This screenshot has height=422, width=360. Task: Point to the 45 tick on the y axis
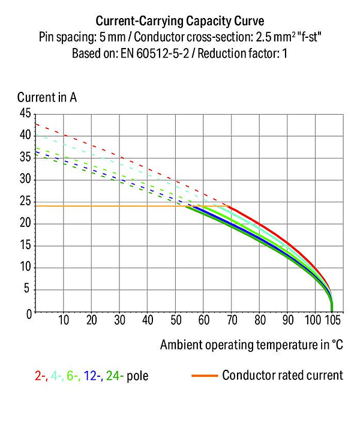25,113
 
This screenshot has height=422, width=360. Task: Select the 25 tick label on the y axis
25,202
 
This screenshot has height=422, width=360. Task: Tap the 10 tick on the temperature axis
64,321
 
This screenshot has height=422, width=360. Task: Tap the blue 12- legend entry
92,376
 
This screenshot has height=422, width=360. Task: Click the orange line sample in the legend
204,376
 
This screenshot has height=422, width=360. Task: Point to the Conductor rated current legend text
282,376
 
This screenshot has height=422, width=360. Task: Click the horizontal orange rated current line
108,206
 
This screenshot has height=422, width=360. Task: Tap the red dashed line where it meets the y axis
37,124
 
